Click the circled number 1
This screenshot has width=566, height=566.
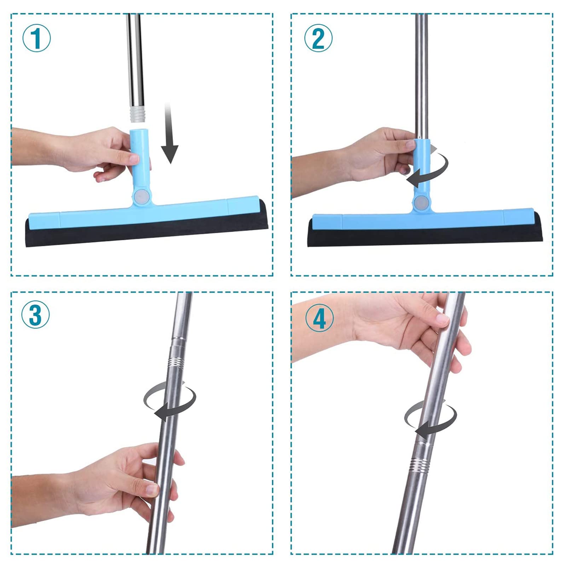pos(36,38)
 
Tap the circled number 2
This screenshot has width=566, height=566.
pos(318,38)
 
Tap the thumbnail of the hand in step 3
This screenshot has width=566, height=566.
pos(152,489)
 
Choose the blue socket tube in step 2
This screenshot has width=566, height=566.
pos(422,170)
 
